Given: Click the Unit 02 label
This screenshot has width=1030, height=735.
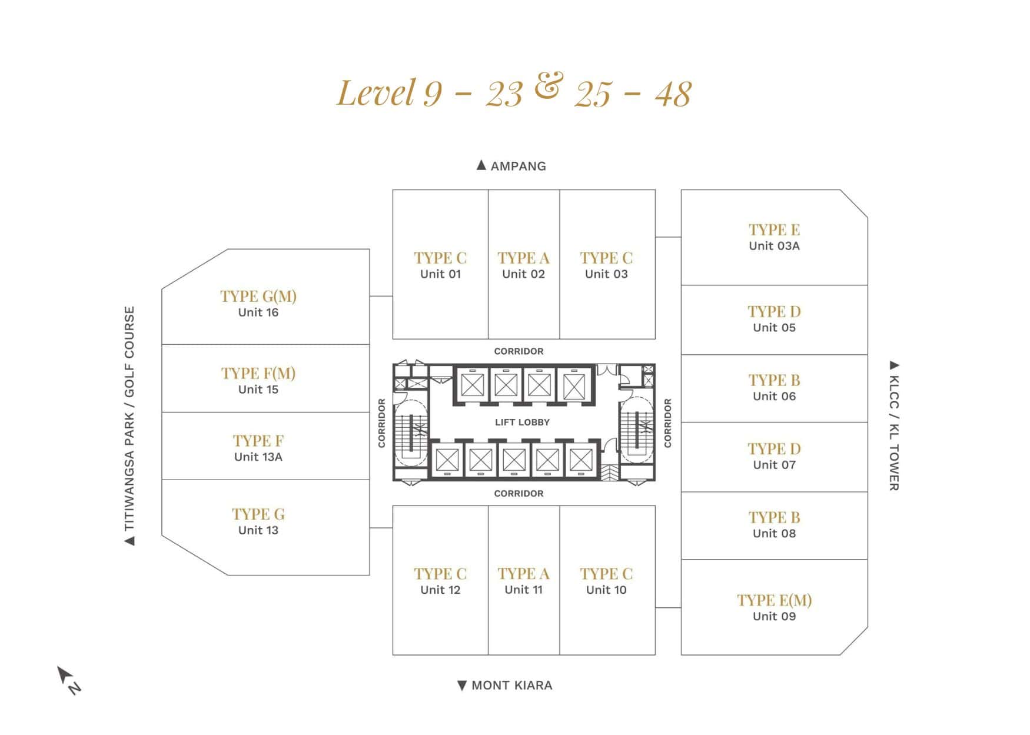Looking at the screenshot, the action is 523,274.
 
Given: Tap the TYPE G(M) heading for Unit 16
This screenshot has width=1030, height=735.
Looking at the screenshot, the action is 258,296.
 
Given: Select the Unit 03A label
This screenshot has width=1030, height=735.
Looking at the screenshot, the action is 774,246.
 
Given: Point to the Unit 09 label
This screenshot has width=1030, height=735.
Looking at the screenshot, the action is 774,616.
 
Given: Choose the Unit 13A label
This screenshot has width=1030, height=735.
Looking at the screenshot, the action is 258,457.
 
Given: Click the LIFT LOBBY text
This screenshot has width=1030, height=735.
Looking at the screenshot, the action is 522,422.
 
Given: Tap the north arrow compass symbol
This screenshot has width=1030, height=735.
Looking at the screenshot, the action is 68,680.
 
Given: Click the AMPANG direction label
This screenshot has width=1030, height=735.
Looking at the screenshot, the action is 511,166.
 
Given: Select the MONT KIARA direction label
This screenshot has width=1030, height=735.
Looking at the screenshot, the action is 505,685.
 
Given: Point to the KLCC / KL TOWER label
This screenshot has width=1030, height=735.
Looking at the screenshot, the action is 894,425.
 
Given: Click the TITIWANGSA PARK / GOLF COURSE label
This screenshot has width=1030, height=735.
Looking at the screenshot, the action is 129,425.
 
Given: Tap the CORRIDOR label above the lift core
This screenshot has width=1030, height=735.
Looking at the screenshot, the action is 519,351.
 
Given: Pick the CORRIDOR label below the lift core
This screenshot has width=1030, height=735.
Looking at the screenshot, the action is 519,494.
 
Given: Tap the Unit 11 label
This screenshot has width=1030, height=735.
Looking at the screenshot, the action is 523,590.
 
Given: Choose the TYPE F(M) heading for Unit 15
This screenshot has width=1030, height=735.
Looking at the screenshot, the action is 258,373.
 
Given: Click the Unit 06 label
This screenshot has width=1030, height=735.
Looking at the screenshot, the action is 774,396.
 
